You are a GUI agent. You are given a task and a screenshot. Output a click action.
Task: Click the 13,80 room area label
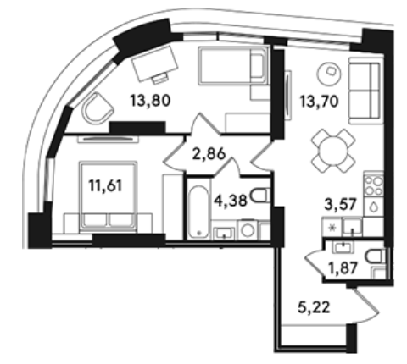pyautogui.click(x=150, y=101)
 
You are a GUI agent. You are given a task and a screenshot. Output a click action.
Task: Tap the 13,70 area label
pyautogui.click(x=319, y=102)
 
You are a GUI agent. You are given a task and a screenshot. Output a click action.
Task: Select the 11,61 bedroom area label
pyautogui.click(x=105, y=186)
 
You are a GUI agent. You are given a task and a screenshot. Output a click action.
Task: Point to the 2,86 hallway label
pyautogui.click(x=209, y=154)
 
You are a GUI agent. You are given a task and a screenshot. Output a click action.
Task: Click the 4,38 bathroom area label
pyautogui.click(x=231, y=201)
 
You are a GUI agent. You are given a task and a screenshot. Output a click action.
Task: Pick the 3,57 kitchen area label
pyautogui.click(x=340, y=204)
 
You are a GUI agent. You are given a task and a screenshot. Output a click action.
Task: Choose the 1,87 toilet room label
pyautogui.click(x=343, y=267)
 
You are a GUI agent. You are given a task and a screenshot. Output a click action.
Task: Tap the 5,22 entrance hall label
pyautogui.click(x=314, y=307)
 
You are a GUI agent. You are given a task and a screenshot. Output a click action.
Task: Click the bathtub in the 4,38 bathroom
pyautogui.click(x=199, y=212)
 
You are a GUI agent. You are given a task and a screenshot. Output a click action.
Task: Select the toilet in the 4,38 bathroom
pyautogui.click(x=260, y=196)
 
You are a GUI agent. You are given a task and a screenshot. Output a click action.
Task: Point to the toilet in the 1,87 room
pyautogui.click(x=375, y=256)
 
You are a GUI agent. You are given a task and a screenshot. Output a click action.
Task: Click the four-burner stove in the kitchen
pyautogui.click(x=374, y=185)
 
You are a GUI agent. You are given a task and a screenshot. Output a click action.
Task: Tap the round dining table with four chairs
pyautogui.click(x=333, y=151)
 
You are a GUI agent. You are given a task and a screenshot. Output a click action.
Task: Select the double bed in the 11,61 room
pyautogui.click(x=109, y=196)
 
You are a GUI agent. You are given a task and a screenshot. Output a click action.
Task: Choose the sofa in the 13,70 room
pyautogui.click(x=365, y=91)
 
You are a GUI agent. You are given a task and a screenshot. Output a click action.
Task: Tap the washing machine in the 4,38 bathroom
pyautogui.click(x=248, y=229)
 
